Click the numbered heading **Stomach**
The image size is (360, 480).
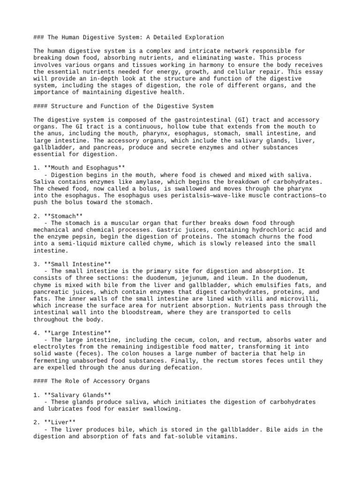60,216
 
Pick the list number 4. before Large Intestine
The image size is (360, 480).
37,333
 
